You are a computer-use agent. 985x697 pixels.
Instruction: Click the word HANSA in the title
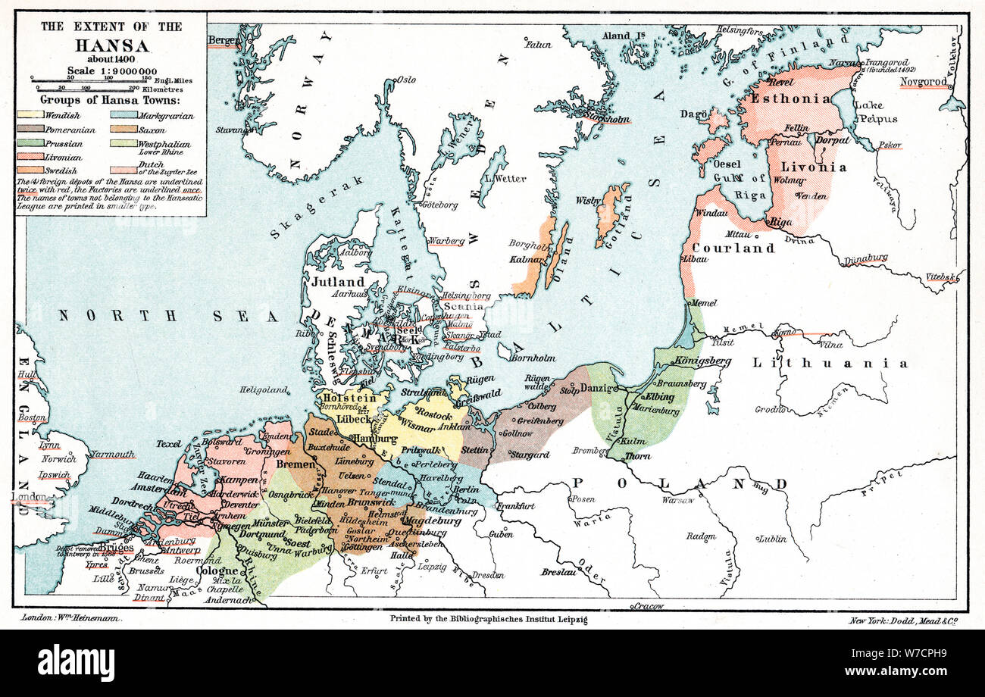[x=111, y=45]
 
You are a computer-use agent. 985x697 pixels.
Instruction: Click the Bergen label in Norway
[x=223, y=39]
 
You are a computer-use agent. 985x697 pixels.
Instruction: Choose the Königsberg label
[x=702, y=361]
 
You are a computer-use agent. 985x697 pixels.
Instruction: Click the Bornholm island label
[x=533, y=358]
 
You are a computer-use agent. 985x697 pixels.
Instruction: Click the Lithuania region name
[x=830, y=364]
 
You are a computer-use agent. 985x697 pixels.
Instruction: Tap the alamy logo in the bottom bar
[x=76, y=663]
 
